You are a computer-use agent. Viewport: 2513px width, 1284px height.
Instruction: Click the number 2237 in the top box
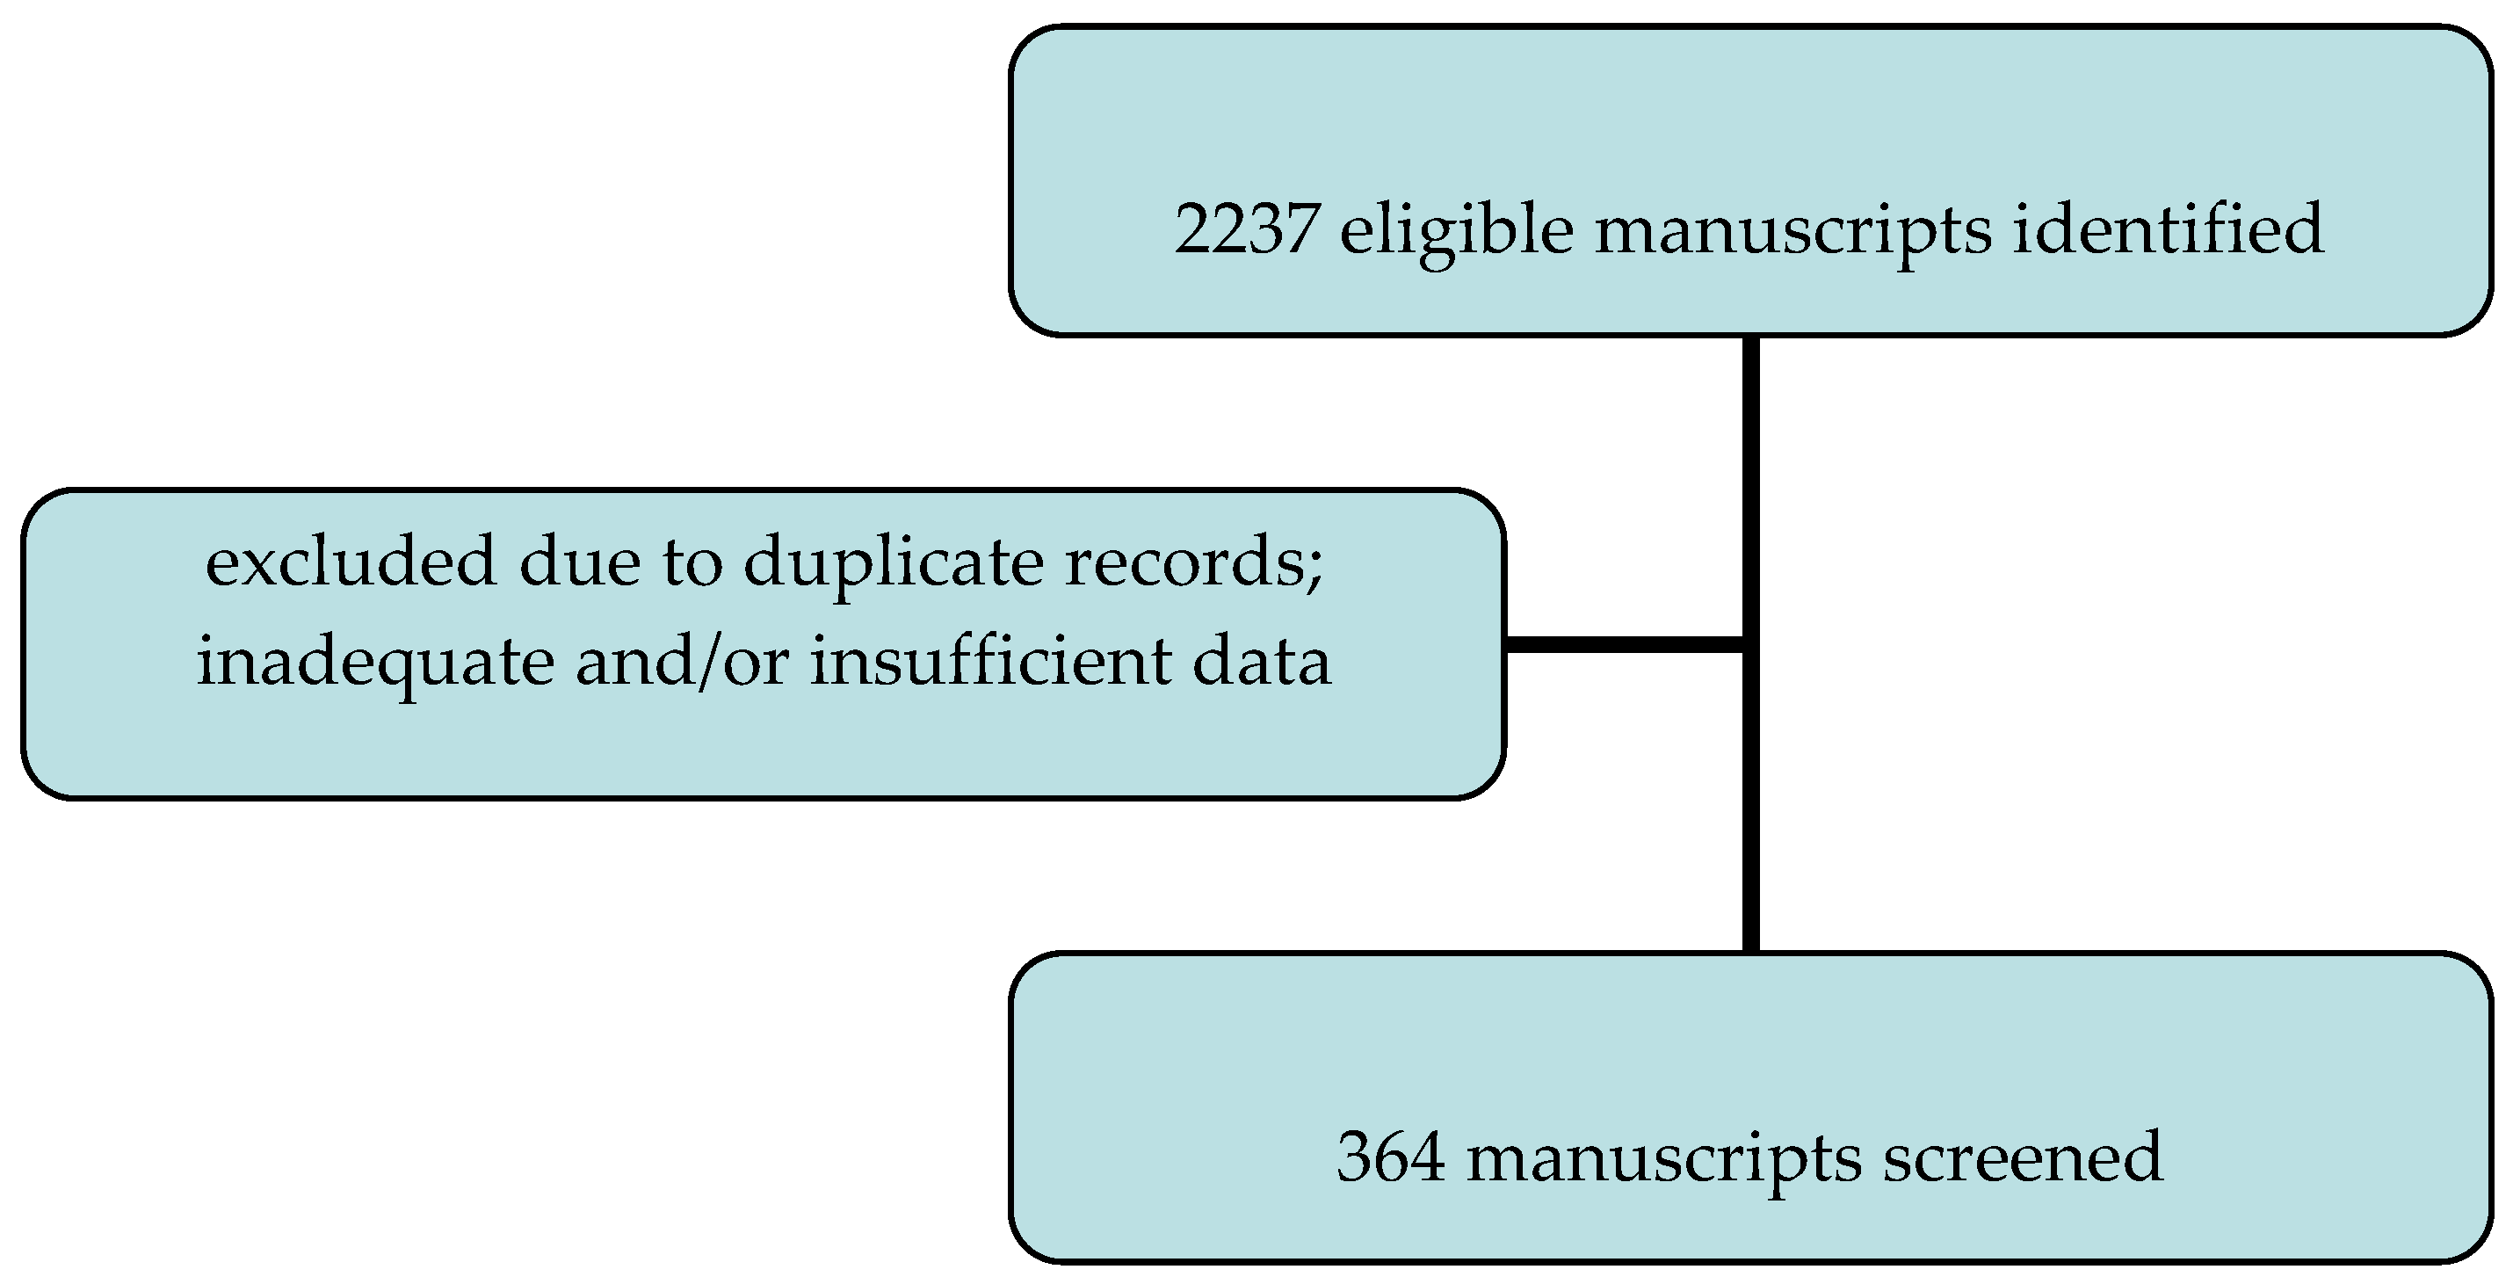(1246, 229)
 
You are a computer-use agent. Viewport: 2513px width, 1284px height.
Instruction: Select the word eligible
(1457, 231)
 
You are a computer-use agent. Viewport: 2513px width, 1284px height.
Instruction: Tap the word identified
(2168, 229)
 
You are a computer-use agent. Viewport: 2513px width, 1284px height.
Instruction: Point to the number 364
(1390, 1158)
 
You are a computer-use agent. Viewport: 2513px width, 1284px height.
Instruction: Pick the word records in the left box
(1184, 563)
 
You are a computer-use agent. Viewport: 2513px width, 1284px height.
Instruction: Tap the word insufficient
(990, 662)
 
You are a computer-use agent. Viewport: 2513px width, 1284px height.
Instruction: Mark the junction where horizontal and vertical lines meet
(1751, 644)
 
